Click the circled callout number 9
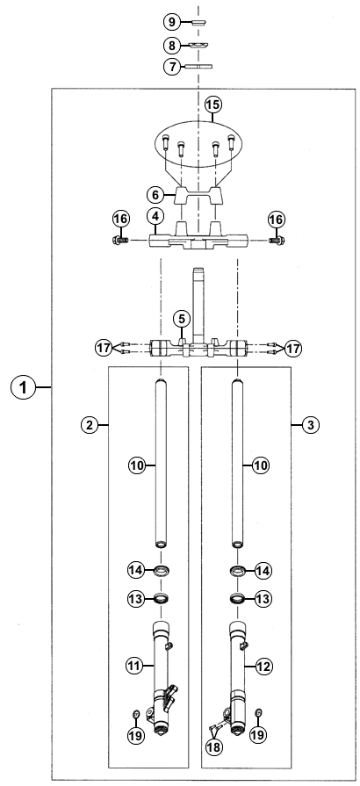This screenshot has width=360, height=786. point(172,22)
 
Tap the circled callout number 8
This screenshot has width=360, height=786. point(172,46)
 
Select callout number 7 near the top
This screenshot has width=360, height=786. point(172,66)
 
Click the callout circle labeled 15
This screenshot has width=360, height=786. point(212,105)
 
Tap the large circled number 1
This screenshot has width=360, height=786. point(24,387)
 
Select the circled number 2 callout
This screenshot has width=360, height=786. point(90,425)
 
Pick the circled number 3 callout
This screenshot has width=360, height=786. point(311,425)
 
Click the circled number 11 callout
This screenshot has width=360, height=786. point(133,666)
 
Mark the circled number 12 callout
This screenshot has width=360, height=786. point(264,667)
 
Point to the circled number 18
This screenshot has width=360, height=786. point(214,746)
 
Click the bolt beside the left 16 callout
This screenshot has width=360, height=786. point(120,241)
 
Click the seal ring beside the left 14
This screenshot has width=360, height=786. point(162,570)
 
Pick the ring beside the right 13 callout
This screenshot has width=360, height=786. point(237,599)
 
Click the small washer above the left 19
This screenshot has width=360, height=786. point(135,713)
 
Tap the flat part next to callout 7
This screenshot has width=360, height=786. point(198,66)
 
